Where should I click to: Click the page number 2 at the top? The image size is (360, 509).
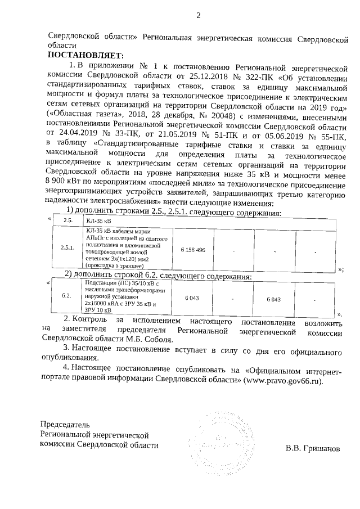point(197,15)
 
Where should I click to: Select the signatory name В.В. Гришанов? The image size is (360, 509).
point(312,448)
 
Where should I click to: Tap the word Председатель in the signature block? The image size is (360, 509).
point(65,424)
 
